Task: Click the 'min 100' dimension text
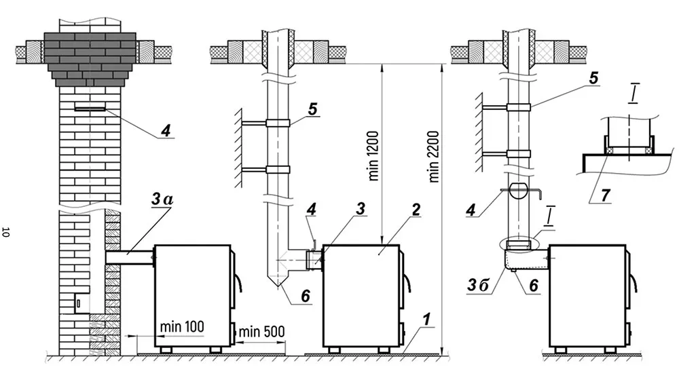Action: click(x=182, y=326)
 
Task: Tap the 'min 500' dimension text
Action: click(x=261, y=332)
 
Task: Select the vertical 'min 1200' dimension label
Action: click(x=373, y=155)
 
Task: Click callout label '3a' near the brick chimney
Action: click(x=162, y=200)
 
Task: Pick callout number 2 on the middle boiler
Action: click(x=416, y=210)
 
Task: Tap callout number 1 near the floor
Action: click(x=426, y=320)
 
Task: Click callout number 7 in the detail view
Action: click(x=605, y=195)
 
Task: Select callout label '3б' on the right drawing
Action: click(x=478, y=285)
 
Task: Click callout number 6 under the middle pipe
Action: click(x=306, y=296)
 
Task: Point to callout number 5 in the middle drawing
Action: click(x=312, y=109)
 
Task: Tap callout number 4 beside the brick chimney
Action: click(x=166, y=130)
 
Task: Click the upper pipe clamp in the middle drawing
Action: click(x=278, y=123)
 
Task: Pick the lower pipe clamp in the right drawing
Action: click(x=519, y=154)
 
